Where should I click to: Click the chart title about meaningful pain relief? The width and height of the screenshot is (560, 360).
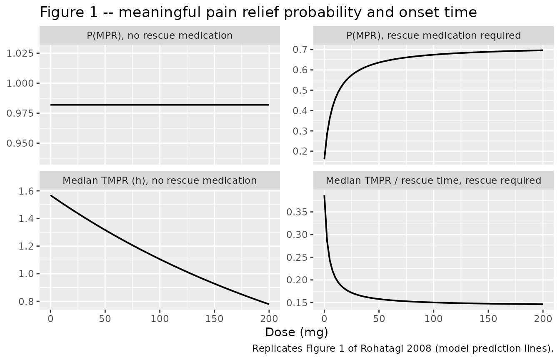click(258, 12)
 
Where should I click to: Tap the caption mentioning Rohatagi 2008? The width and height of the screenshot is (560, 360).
click(403, 348)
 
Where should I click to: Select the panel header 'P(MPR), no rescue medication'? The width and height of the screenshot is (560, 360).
click(160, 35)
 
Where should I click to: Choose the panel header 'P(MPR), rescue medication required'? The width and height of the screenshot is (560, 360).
click(433, 35)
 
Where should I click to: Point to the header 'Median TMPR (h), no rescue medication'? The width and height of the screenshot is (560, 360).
click(160, 180)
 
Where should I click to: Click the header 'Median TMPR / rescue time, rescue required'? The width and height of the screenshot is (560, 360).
click(433, 180)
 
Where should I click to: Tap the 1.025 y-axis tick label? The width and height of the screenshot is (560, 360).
click(20, 53)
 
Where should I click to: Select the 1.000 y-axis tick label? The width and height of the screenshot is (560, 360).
click(20, 83)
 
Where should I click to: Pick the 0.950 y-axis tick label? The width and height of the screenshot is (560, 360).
click(20, 143)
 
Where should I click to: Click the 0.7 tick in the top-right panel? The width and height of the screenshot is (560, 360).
click(300, 50)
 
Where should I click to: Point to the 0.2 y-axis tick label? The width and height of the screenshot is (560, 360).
click(300, 152)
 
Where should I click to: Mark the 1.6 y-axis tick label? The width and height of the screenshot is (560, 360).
click(26, 191)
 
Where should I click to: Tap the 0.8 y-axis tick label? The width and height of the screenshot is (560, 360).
click(26, 302)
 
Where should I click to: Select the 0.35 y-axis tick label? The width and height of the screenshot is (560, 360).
click(297, 212)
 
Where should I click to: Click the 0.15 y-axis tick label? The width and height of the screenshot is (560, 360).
click(297, 303)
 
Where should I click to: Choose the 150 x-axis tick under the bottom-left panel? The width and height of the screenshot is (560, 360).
click(214, 319)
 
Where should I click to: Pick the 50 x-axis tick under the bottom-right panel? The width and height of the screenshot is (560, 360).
click(379, 319)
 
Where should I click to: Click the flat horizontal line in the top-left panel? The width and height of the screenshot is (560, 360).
click(160, 105)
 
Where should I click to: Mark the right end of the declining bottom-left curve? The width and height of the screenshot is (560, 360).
click(269, 304)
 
